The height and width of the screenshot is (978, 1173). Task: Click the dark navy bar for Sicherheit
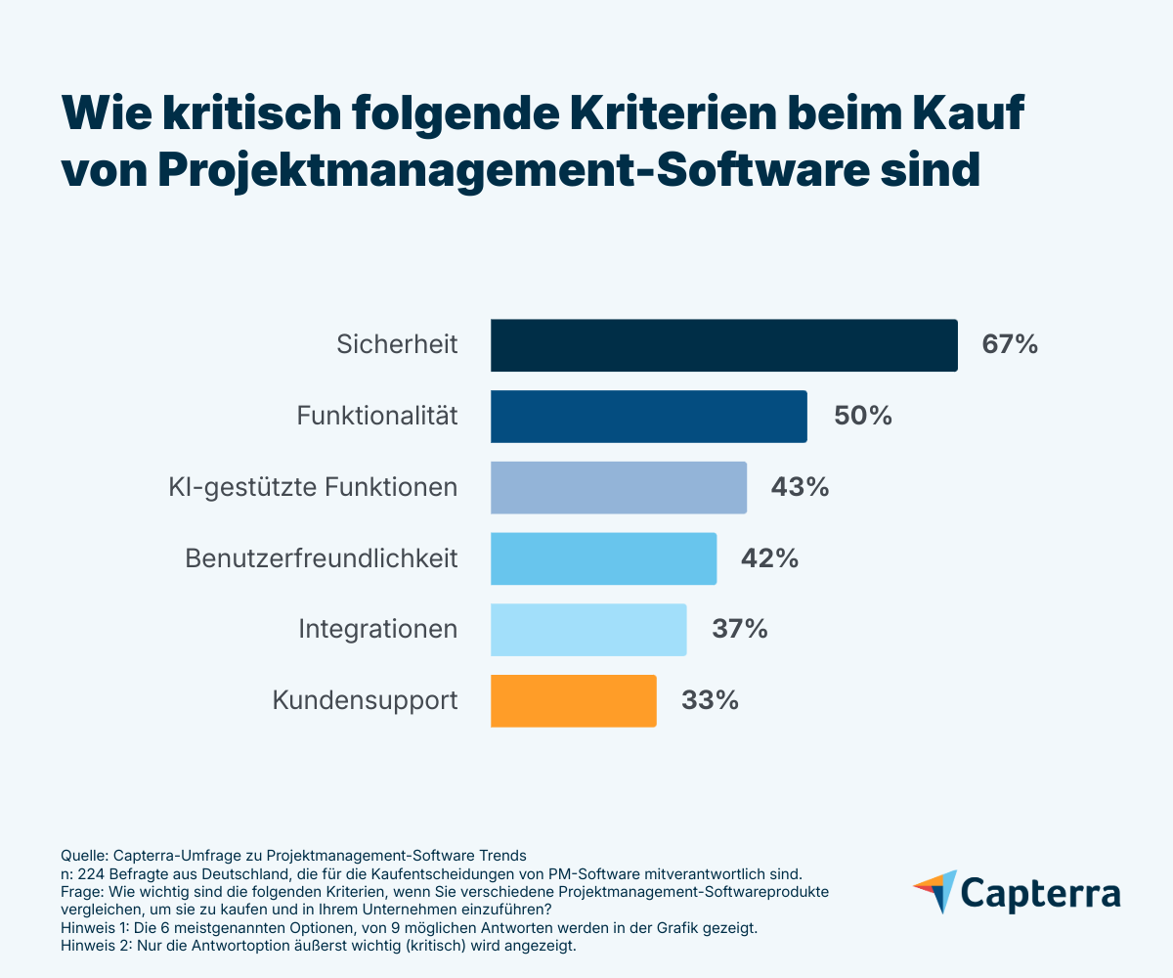723,345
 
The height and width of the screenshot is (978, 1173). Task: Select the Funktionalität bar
648,417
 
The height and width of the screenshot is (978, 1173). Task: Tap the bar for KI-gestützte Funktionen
618,487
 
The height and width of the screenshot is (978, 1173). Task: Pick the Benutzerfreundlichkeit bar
603,558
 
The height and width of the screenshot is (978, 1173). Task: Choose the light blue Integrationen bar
587,629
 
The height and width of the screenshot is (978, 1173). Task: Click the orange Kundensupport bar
573,700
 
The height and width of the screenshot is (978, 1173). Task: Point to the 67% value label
1010,345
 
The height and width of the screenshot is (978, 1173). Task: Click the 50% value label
862,417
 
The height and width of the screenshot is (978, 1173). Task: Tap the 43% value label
800,487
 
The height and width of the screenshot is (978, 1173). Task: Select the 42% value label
769,558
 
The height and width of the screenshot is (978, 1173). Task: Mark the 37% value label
739,629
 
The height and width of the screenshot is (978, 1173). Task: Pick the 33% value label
710,700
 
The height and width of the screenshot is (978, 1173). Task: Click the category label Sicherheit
397,345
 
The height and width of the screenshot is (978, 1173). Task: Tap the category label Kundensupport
365,700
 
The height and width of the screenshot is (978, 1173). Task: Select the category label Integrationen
377,629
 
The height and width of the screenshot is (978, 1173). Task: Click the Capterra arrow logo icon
934,891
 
